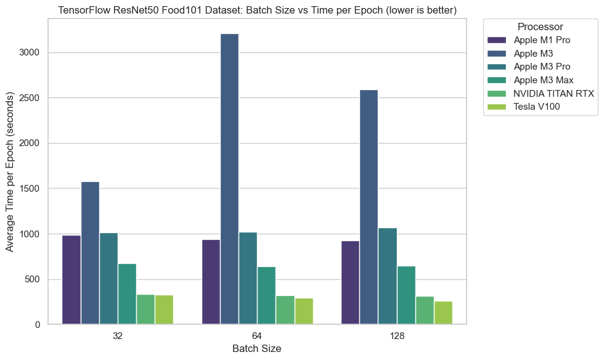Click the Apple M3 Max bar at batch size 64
pos(266,295)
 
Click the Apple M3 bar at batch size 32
pos(90,253)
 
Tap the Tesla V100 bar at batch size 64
pos(304,311)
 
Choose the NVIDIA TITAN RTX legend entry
pos(554,93)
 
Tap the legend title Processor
pos(540,27)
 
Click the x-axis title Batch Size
pos(257,349)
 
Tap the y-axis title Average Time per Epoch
pos(10,172)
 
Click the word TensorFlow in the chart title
pos(83,9)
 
